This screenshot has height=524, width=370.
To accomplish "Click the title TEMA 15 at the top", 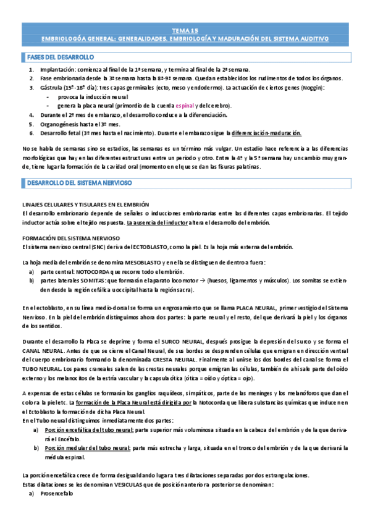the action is (185, 30).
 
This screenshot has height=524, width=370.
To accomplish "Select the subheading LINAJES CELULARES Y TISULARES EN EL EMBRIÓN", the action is (85, 205).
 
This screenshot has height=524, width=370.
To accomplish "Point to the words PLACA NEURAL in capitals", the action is (255, 307).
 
